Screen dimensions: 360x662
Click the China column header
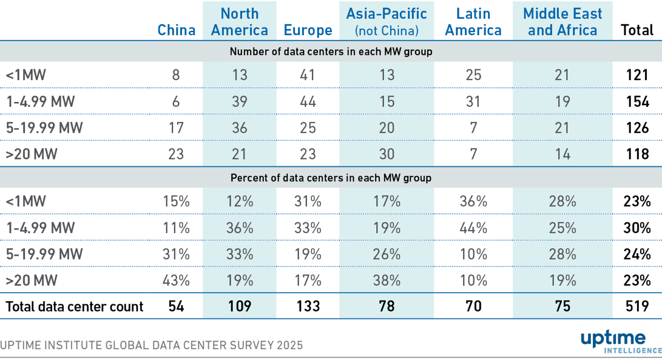click(x=177, y=30)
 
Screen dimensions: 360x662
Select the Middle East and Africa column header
click(x=562, y=22)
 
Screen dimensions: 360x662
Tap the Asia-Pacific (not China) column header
click(x=387, y=22)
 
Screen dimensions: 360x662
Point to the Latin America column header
click(x=473, y=22)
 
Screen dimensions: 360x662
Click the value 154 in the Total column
click(x=637, y=101)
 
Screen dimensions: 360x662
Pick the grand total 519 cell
click(x=637, y=307)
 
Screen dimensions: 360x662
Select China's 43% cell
click(x=177, y=280)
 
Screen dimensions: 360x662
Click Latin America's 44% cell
click(x=473, y=228)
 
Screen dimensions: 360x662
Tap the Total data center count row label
click(x=75, y=307)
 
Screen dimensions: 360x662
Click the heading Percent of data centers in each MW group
click(x=331, y=178)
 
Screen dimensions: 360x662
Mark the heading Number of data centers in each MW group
click(x=331, y=52)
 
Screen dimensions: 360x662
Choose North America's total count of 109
click(x=241, y=307)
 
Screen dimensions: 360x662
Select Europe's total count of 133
click(x=308, y=307)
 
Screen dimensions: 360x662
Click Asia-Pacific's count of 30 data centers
click(x=387, y=154)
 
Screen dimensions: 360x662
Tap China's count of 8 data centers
click(x=177, y=75)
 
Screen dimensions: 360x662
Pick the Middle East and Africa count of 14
click(x=562, y=154)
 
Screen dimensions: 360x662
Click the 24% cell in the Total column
click(x=637, y=254)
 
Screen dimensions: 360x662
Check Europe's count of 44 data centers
click(x=308, y=101)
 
